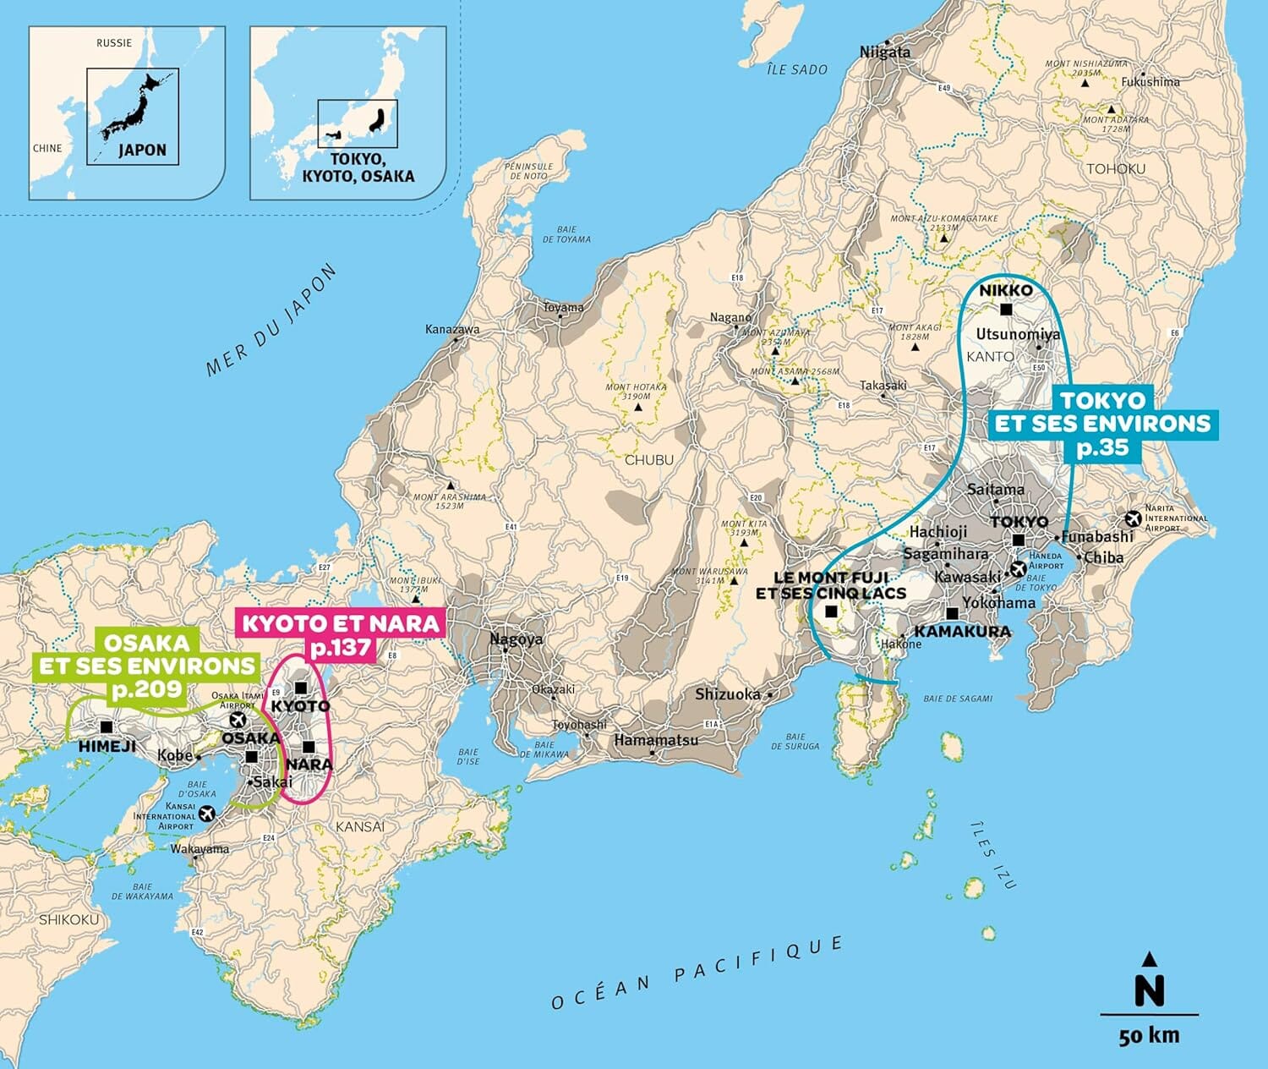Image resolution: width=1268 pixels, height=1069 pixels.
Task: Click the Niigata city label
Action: coord(885,52)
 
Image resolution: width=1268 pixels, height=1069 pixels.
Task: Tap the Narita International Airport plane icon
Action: coord(1133,518)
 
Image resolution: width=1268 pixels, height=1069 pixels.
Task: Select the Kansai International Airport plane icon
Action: coord(205,814)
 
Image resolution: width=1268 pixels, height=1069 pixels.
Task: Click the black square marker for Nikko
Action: coord(1006,310)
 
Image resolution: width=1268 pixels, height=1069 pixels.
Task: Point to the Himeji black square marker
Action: coord(107,726)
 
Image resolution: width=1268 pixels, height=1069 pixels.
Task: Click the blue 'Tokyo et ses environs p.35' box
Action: coord(1102,424)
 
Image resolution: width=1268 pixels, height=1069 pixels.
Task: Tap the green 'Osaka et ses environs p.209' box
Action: coord(146,666)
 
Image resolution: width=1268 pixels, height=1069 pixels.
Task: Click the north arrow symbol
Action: coord(1149,981)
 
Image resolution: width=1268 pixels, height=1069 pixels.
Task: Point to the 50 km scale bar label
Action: coord(1149,1036)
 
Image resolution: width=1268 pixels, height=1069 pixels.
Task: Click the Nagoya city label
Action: coord(516,639)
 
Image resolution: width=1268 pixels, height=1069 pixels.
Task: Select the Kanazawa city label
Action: coord(452,329)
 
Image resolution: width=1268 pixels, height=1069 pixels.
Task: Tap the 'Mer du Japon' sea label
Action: coord(271,321)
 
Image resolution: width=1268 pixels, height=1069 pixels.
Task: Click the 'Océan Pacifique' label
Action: coord(697,973)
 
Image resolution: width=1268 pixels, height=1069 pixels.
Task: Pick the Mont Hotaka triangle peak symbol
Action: coord(638,408)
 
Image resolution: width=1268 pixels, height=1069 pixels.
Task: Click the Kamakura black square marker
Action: coord(953,613)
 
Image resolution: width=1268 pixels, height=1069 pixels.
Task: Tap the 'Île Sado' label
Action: coord(796,69)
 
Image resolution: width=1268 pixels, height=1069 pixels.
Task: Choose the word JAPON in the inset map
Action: coord(142,150)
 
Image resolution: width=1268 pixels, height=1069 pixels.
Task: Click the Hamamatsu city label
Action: coord(656,740)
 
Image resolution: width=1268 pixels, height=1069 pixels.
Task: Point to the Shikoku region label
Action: coord(68,919)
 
